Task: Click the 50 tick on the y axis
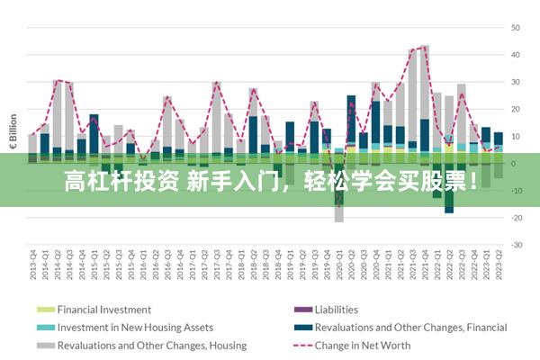[x=517, y=28]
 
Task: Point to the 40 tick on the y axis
[x=517, y=55]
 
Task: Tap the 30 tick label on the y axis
[x=517, y=82]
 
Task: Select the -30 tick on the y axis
[x=517, y=245]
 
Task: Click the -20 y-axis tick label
[x=517, y=218]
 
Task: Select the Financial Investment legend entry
[x=103, y=310]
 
